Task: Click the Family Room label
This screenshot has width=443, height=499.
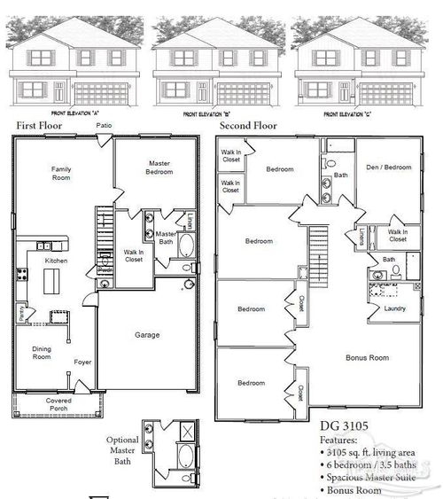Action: pyautogui.click(x=60, y=173)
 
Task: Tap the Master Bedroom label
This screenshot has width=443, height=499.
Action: pyautogui.click(x=160, y=167)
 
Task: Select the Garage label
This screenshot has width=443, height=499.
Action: pyautogui.click(x=146, y=336)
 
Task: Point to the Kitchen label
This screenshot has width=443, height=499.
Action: pyautogui.click(x=56, y=263)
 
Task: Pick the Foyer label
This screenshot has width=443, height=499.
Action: pyautogui.click(x=83, y=362)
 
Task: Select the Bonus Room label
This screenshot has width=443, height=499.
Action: pyautogui.click(x=368, y=358)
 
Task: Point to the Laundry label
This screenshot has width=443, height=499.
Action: pyautogui.click(x=394, y=308)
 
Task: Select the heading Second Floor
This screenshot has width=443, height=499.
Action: pyautogui.click(x=248, y=127)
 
